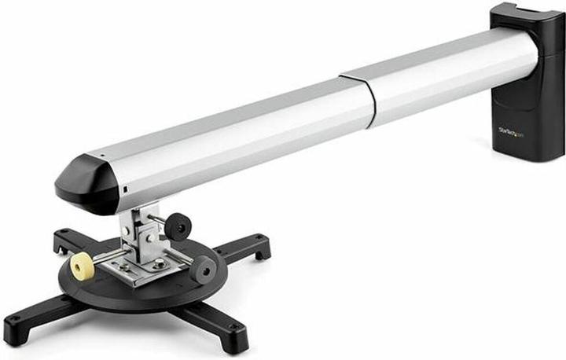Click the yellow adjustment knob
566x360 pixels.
[x=82, y=267]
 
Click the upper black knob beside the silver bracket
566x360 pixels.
[x=178, y=226]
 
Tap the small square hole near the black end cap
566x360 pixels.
[x=125, y=191]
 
